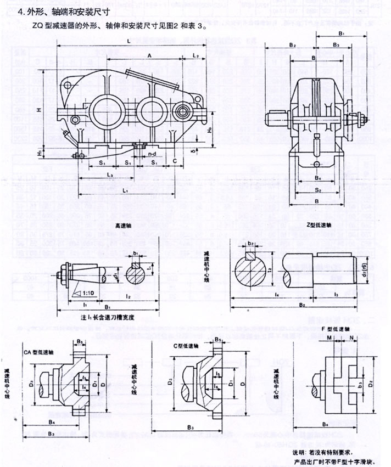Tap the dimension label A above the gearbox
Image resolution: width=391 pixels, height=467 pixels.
point(149,55)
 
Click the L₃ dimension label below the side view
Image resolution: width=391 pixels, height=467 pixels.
point(109,175)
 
